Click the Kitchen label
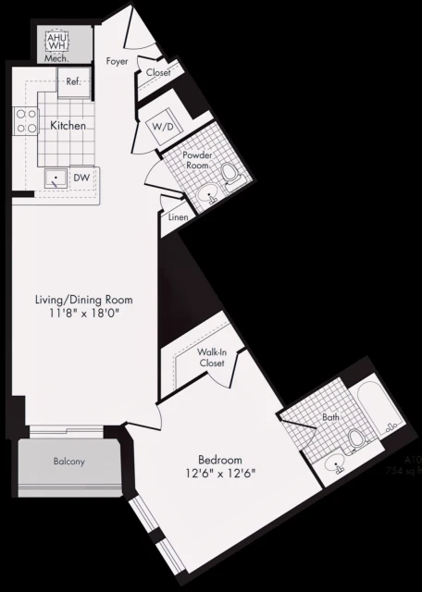[x=68, y=125]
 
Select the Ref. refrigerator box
[x=74, y=81]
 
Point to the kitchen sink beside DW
[x=58, y=178]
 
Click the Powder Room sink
[x=209, y=195]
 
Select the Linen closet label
[x=178, y=217]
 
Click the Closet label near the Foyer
[x=158, y=72]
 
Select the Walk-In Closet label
[x=212, y=358]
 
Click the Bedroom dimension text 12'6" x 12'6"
[x=220, y=474]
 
